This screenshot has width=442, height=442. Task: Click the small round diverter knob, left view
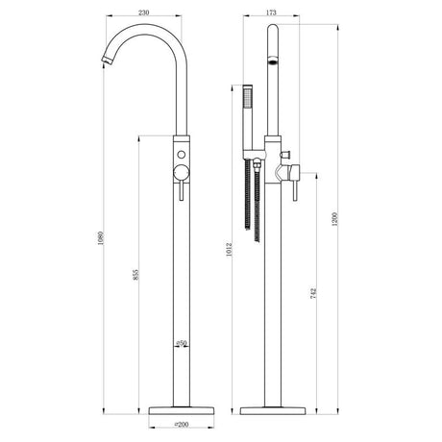click(180, 155)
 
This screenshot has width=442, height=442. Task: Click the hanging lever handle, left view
click(180, 187)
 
